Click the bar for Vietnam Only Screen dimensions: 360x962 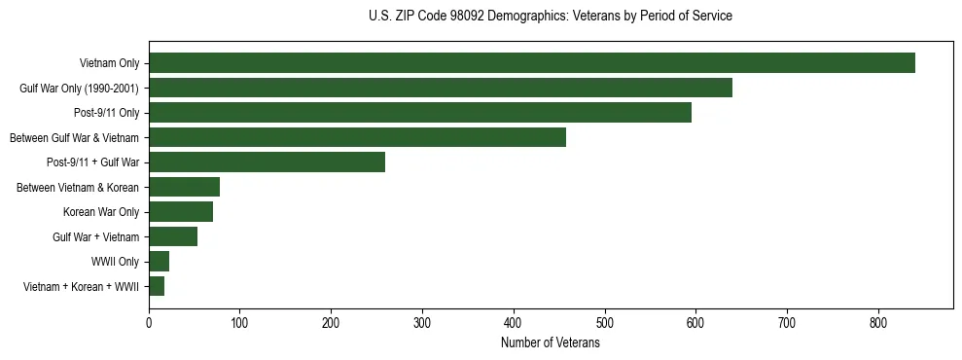click(531, 63)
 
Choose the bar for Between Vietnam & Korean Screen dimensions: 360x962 click(184, 187)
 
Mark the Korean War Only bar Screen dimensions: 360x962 click(181, 212)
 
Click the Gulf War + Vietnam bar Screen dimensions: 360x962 click(173, 236)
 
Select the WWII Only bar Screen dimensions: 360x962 click(159, 262)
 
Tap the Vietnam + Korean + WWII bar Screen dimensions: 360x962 click(157, 286)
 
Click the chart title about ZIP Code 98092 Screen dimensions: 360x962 click(551, 17)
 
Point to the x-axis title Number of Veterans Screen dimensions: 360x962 click(551, 343)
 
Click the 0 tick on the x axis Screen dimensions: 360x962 click(149, 322)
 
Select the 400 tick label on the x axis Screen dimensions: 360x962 click(514, 322)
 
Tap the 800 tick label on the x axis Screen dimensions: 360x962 click(878, 322)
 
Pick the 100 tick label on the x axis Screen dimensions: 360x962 click(240, 322)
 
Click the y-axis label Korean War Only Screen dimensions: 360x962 click(101, 212)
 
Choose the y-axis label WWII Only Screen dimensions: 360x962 click(115, 262)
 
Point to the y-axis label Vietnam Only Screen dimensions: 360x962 click(109, 63)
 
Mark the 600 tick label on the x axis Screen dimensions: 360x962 click(695, 322)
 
